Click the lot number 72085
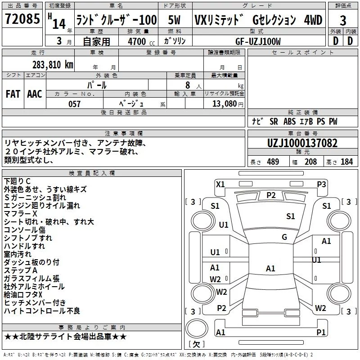(x=22, y=19)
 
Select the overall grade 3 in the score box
(x=343, y=21)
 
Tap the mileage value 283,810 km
(x=53, y=65)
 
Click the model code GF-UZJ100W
(x=258, y=41)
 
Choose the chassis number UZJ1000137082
(x=302, y=143)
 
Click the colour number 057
(x=74, y=104)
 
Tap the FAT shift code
(x=13, y=94)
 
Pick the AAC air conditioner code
(x=35, y=94)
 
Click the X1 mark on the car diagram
(x=220, y=184)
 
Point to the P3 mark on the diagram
(x=321, y=184)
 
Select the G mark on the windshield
(x=284, y=237)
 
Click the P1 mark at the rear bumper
(x=321, y=332)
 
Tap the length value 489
(x=273, y=162)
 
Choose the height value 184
(x=346, y=162)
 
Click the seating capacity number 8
(x=188, y=85)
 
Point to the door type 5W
(x=174, y=20)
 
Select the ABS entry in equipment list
(x=289, y=121)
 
